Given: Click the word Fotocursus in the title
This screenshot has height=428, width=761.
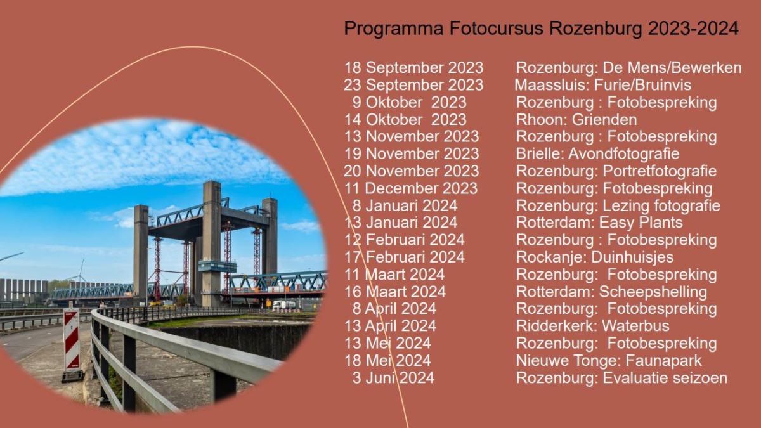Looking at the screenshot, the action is point(497,28).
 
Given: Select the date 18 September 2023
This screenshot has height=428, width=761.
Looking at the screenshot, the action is point(413,68).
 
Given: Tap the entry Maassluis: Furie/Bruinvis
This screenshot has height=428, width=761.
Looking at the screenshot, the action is point(602,85).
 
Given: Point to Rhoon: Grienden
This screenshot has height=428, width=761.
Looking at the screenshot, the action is point(576,120).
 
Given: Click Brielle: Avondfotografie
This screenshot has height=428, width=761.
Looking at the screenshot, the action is point(597,154).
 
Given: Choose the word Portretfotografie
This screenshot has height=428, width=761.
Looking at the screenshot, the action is point(660,171).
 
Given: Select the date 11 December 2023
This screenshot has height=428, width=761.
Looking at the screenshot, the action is point(411,188).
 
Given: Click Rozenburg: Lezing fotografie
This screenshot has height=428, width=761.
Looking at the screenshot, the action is point(618,205).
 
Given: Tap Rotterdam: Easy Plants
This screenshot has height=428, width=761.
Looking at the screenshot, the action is point(599,223).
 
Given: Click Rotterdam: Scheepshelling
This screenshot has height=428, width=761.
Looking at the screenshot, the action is point(611,292).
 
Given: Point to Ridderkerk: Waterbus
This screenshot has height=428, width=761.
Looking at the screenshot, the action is point(593,326).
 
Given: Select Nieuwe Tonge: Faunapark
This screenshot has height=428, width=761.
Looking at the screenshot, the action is point(609,360).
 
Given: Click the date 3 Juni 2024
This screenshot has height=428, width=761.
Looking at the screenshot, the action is point(393,378).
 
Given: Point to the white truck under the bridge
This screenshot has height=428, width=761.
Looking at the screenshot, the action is point(284,305).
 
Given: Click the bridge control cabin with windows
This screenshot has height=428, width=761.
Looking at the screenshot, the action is point(218,266).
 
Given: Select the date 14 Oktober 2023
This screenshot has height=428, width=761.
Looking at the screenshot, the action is point(406,120).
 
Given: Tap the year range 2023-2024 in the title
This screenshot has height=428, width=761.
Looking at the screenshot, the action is point(693,28).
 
